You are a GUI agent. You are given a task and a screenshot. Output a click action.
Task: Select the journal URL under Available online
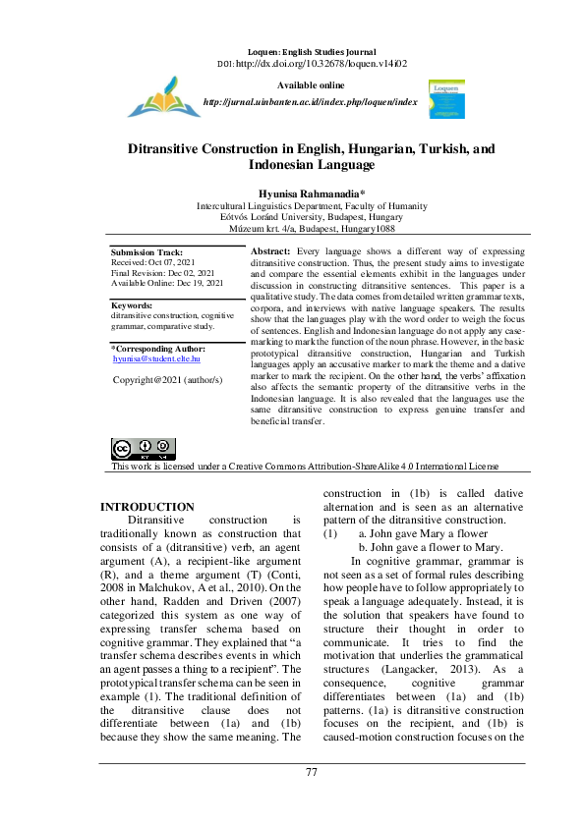[x=310, y=101]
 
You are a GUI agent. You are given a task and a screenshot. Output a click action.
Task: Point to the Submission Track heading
[x=146, y=252]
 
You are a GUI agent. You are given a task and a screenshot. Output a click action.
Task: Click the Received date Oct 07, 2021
[x=152, y=262]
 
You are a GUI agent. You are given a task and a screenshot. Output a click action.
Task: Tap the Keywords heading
[x=132, y=305]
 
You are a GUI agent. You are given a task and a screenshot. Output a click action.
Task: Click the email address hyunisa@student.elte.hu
[x=156, y=359]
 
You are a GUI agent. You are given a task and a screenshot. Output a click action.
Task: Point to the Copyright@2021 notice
[x=168, y=378]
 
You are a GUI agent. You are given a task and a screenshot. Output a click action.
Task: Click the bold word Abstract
[x=271, y=252]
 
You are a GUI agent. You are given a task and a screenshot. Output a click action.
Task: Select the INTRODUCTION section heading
[x=147, y=507]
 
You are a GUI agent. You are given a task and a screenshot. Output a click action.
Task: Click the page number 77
[x=312, y=772]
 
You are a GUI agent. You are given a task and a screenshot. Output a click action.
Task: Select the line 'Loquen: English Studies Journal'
[x=311, y=49]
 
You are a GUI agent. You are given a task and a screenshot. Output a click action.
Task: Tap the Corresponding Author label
[x=158, y=349]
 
